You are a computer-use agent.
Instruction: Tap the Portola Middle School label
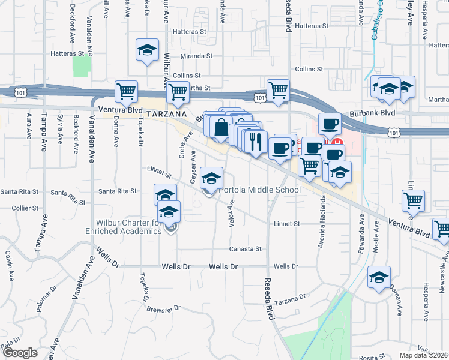[x=259, y=190]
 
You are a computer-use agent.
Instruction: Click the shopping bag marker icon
[x=221, y=127]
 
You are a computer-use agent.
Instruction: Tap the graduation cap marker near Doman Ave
[x=379, y=278]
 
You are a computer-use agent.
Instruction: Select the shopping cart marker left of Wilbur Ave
[x=127, y=92]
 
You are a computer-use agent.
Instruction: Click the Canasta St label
[x=246, y=248]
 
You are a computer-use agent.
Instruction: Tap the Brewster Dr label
[x=163, y=308]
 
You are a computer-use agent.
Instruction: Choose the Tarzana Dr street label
[x=292, y=299]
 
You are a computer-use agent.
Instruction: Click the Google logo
[x=19, y=353]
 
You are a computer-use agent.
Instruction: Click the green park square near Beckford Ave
[x=81, y=65]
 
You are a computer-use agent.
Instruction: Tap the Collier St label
[x=25, y=208]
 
